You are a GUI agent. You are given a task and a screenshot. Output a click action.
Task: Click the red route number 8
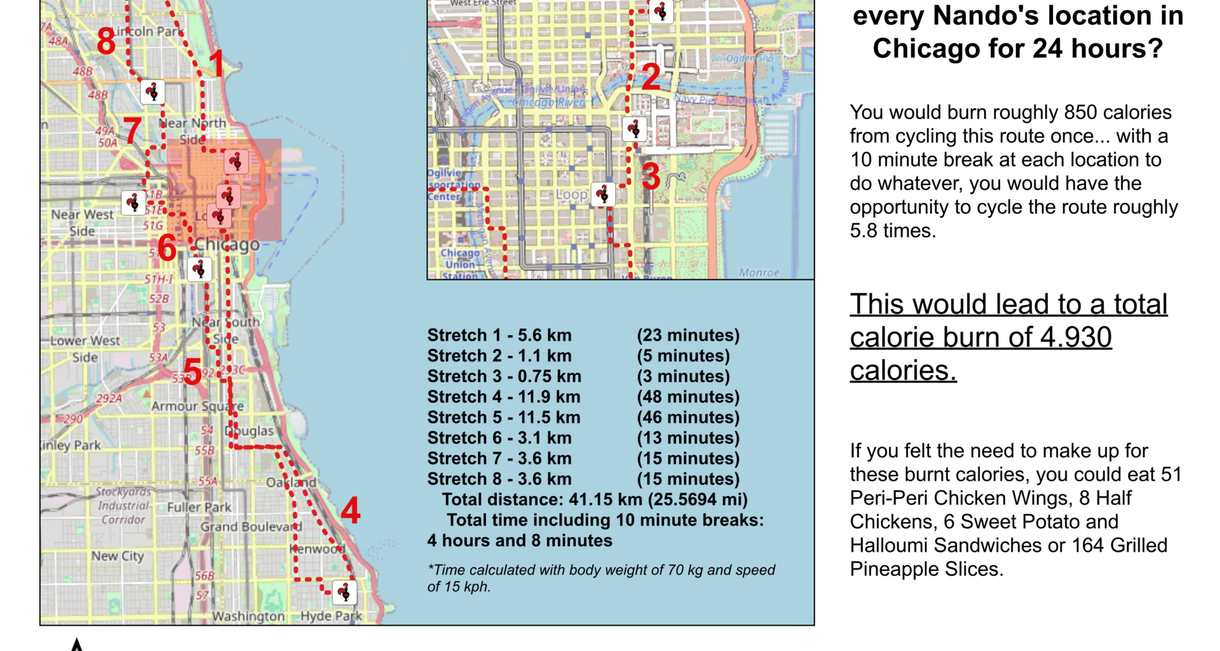tap(106, 42)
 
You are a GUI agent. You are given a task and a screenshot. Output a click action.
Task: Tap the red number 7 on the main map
tap(132, 131)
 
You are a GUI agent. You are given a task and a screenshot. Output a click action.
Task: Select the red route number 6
tap(166, 248)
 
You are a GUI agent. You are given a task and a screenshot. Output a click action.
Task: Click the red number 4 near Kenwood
tap(351, 511)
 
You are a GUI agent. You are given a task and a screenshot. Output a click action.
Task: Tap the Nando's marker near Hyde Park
tap(344, 593)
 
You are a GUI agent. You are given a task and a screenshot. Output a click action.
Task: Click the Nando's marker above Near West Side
tap(133, 203)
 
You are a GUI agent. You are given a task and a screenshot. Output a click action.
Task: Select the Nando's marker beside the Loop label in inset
tap(603, 195)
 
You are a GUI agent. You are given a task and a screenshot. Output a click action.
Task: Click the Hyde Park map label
tap(331, 616)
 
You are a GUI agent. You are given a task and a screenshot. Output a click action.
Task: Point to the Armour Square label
tap(197, 406)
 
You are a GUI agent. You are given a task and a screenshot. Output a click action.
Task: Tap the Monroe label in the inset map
tap(759, 272)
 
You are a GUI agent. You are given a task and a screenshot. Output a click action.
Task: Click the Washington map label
tap(248, 616)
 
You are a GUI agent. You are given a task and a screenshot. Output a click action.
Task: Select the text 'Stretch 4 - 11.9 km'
tap(504, 397)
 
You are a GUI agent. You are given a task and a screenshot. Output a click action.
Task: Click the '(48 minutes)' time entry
tap(688, 397)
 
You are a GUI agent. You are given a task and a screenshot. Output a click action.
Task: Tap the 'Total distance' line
tap(595, 500)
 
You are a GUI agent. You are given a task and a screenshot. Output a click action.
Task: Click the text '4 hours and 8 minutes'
tap(520, 540)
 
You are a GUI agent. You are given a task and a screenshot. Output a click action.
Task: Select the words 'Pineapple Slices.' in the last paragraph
tap(926, 569)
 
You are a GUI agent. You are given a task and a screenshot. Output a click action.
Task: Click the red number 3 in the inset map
tap(651, 176)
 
